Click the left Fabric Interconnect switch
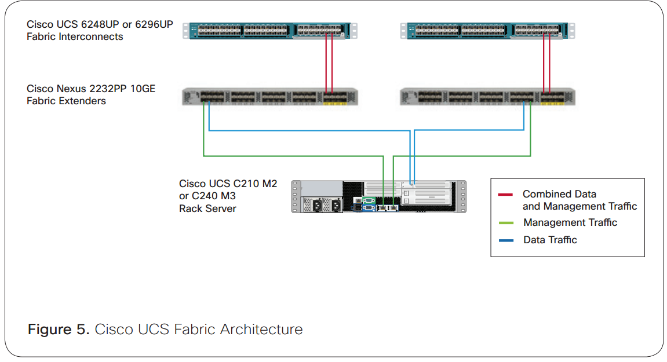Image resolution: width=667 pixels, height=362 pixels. click(270, 30)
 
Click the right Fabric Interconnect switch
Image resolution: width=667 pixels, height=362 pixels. click(487, 30)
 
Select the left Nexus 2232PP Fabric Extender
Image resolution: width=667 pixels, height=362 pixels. click(270, 97)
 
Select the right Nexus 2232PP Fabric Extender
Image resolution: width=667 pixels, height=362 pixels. click(487, 97)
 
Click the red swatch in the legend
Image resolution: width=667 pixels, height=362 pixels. click(505, 195)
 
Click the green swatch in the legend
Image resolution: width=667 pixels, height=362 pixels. click(505, 223)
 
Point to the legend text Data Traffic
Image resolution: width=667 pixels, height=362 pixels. click(550, 240)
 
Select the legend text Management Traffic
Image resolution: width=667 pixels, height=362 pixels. click(570, 222)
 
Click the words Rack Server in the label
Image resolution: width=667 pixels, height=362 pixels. click(207, 209)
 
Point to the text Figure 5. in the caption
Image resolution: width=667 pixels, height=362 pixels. click(59, 330)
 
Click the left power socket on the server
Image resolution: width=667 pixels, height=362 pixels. click(317, 205)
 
